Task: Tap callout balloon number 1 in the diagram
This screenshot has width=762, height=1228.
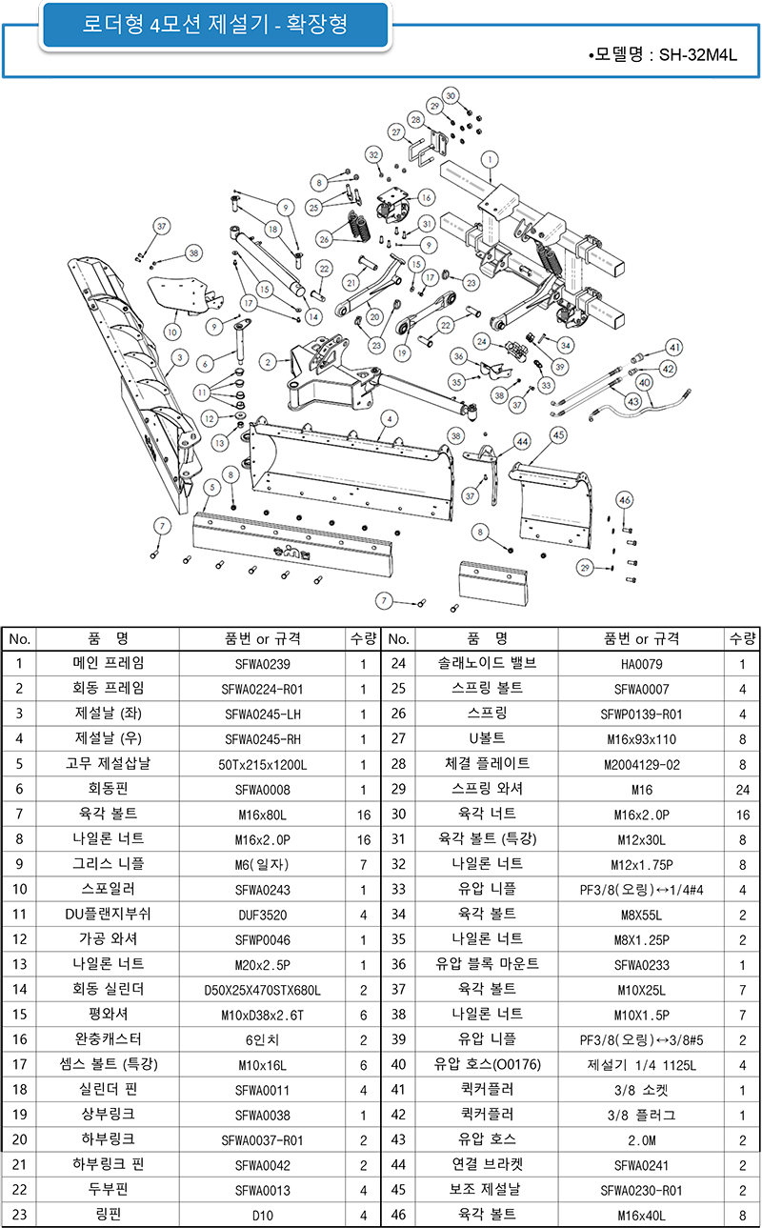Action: click(489, 159)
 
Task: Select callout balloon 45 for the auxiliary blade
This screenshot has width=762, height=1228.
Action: click(558, 434)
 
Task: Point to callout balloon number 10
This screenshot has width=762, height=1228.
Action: click(171, 332)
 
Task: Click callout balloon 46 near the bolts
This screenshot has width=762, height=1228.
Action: click(625, 500)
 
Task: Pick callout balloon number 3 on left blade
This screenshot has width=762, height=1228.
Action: click(178, 358)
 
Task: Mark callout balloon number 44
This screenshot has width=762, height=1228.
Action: click(522, 441)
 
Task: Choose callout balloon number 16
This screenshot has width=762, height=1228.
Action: click(426, 197)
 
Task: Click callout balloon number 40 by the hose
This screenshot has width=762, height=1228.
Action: click(644, 383)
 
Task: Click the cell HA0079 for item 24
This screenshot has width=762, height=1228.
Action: click(641, 664)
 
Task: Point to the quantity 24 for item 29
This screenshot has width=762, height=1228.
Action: click(742, 789)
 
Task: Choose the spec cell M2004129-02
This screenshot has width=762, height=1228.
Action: click(641, 764)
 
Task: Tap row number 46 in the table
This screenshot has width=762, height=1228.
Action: click(399, 1215)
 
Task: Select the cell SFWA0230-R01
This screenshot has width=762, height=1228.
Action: click(641, 1190)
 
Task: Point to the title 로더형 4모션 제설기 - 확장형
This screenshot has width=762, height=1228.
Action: click(215, 27)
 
